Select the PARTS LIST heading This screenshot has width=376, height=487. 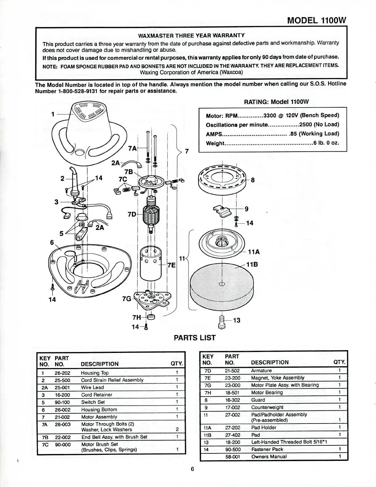tap(194, 338)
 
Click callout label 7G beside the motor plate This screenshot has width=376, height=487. tap(127, 299)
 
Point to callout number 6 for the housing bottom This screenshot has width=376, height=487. tap(52, 242)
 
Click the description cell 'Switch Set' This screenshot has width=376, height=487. tap(93, 402)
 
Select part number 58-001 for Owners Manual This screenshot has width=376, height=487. tap(232, 456)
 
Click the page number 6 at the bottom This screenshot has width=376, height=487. tap(192, 469)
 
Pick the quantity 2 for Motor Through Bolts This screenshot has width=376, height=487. tap(177, 429)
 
